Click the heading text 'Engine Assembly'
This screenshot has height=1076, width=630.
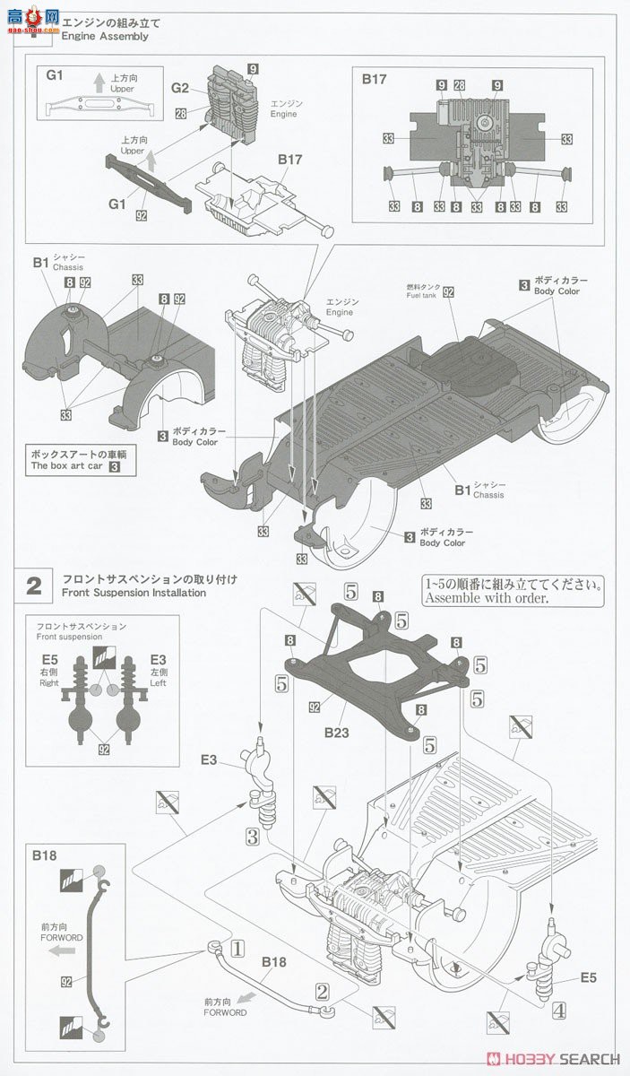coord(104,37)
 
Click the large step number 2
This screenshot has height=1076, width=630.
coord(34,586)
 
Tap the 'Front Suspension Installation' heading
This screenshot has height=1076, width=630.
coord(134,593)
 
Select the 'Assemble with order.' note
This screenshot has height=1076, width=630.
coord(485,598)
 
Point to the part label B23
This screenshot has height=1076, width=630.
coord(338,731)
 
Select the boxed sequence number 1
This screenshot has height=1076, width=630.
coord(237,945)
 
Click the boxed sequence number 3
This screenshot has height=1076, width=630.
coord(254,836)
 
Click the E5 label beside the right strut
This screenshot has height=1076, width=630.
coord(588,977)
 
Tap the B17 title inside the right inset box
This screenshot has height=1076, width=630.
coord(375,79)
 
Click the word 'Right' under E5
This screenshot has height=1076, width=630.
coord(48,681)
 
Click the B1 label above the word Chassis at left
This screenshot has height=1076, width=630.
coord(39,263)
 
